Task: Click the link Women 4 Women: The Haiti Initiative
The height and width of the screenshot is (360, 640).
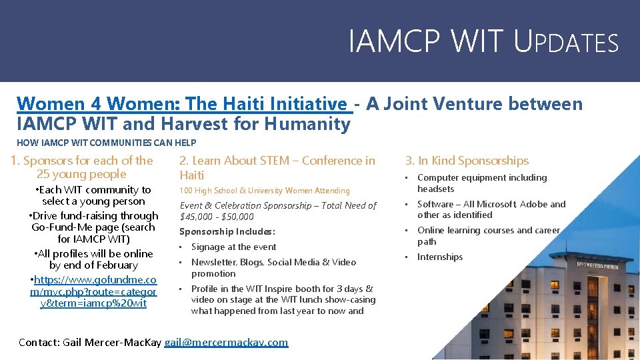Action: coord(182,104)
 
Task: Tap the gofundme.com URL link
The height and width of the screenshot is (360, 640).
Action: coord(93,292)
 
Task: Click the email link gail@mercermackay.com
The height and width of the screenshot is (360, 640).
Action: coord(226,342)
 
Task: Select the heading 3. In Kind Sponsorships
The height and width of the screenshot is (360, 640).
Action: coord(467,161)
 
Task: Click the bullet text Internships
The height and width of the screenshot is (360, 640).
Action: coord(439,257)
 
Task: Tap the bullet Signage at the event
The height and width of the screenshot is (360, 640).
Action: coord(233,247)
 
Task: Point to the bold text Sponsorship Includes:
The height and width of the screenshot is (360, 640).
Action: coord(227,232)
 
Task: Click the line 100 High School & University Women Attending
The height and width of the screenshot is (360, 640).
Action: coord(265,191)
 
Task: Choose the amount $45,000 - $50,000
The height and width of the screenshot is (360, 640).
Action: coord(217,217)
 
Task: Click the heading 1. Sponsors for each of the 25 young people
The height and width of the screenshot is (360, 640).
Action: coord(81,167)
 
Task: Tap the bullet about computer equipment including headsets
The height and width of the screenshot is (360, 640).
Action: coord(481,183)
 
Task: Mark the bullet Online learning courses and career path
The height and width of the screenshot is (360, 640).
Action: coord(488,236)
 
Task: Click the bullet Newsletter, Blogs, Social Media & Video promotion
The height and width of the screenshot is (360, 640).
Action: coord(273,268)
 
